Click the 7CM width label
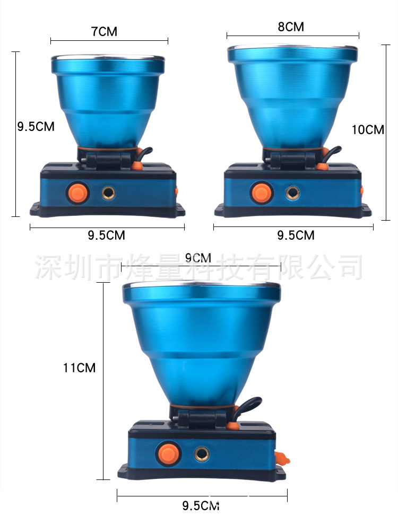coord(104,31)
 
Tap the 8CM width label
coord(291,27)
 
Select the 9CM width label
coord(198,258)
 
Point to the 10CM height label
coord(368,129)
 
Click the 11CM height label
coord(79,368)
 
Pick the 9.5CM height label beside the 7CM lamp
coord(36,127)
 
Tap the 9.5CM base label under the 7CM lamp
coord(106,235)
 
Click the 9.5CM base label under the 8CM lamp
coord(296,235)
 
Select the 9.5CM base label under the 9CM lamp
coord(201,505)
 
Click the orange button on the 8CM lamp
coord(262,193)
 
